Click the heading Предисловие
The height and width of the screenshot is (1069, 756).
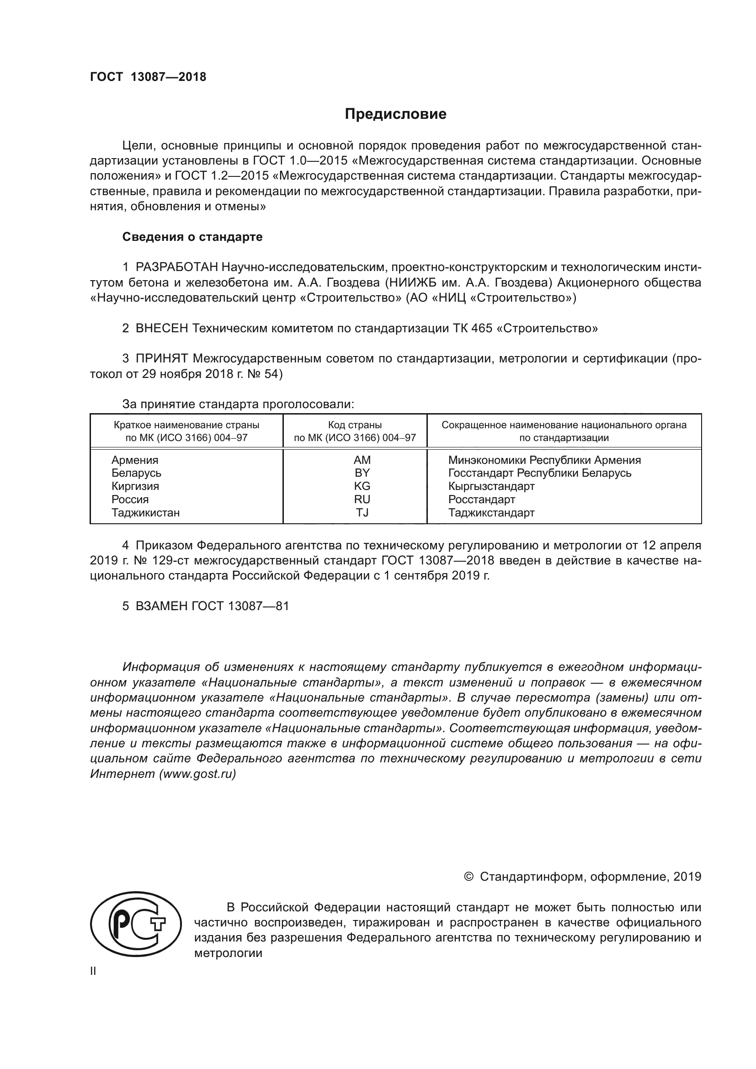395,114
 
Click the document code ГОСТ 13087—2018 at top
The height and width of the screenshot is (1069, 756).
148,77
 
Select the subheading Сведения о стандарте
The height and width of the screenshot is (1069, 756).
192,237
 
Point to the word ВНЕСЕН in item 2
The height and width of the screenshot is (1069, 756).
161,328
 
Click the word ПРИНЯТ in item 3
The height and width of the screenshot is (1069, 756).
161,358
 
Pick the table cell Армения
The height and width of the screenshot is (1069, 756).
134,460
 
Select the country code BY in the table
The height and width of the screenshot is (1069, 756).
362,473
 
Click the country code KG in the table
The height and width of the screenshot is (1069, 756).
362,486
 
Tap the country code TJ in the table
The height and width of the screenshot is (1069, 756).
362,513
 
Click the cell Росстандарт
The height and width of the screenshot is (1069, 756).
481,500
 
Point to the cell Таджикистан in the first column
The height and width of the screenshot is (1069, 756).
145,513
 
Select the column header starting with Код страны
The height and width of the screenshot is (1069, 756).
355,431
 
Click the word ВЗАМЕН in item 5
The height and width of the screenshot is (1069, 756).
161,606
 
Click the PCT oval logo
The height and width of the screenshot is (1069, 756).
135,931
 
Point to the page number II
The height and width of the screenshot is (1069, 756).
93,971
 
